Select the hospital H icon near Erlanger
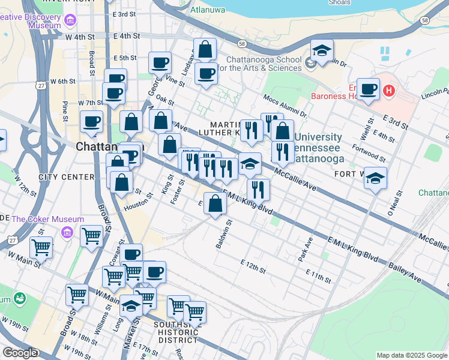pyautogui.click(x=389, y=91)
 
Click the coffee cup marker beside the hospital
pyautogui.click(x=368, y=89)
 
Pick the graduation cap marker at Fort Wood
pyautogui.click(x=375, y=178)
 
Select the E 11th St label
pyautogui.click(x=318, y=276)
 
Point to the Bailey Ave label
pyautogui.click(x=404, y=262)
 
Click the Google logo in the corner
pyautogui.click(x=20, y=353)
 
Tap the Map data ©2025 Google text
pyautogui.click(x=411, y=355)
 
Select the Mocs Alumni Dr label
pyautogui.click(x=285, y=105)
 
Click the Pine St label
pyautogui.click(x=65, y=110)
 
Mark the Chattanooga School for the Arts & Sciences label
pyautogui.click(x=263, y=64)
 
